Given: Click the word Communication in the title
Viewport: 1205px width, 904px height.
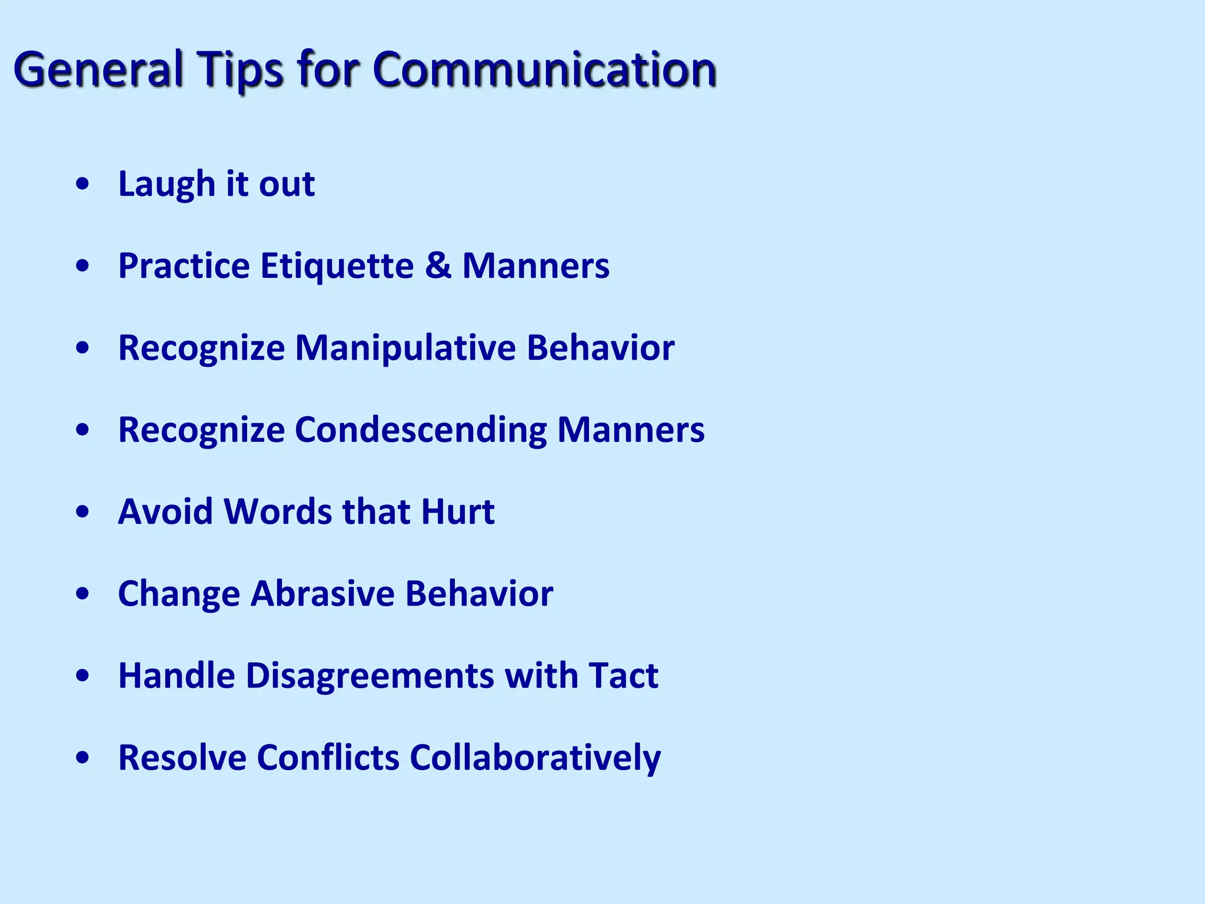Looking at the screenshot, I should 544,69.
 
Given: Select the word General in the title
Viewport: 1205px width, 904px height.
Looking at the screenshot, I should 98,69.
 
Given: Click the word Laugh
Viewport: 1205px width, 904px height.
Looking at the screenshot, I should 167,184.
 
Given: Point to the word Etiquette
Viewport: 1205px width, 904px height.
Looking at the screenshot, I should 337,265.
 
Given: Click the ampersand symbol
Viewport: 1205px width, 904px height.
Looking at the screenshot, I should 438,265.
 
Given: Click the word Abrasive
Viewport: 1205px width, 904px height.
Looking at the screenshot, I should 322,593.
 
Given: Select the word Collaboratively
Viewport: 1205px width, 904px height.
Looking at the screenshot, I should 535,758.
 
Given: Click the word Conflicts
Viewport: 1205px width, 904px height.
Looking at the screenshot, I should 328,757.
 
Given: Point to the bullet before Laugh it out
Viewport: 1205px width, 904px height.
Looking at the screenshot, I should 83,184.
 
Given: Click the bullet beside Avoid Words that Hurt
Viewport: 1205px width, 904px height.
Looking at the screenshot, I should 83,512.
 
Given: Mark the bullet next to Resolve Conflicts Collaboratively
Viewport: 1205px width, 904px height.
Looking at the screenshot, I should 83,758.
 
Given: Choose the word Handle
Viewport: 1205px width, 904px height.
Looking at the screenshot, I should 177,676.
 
